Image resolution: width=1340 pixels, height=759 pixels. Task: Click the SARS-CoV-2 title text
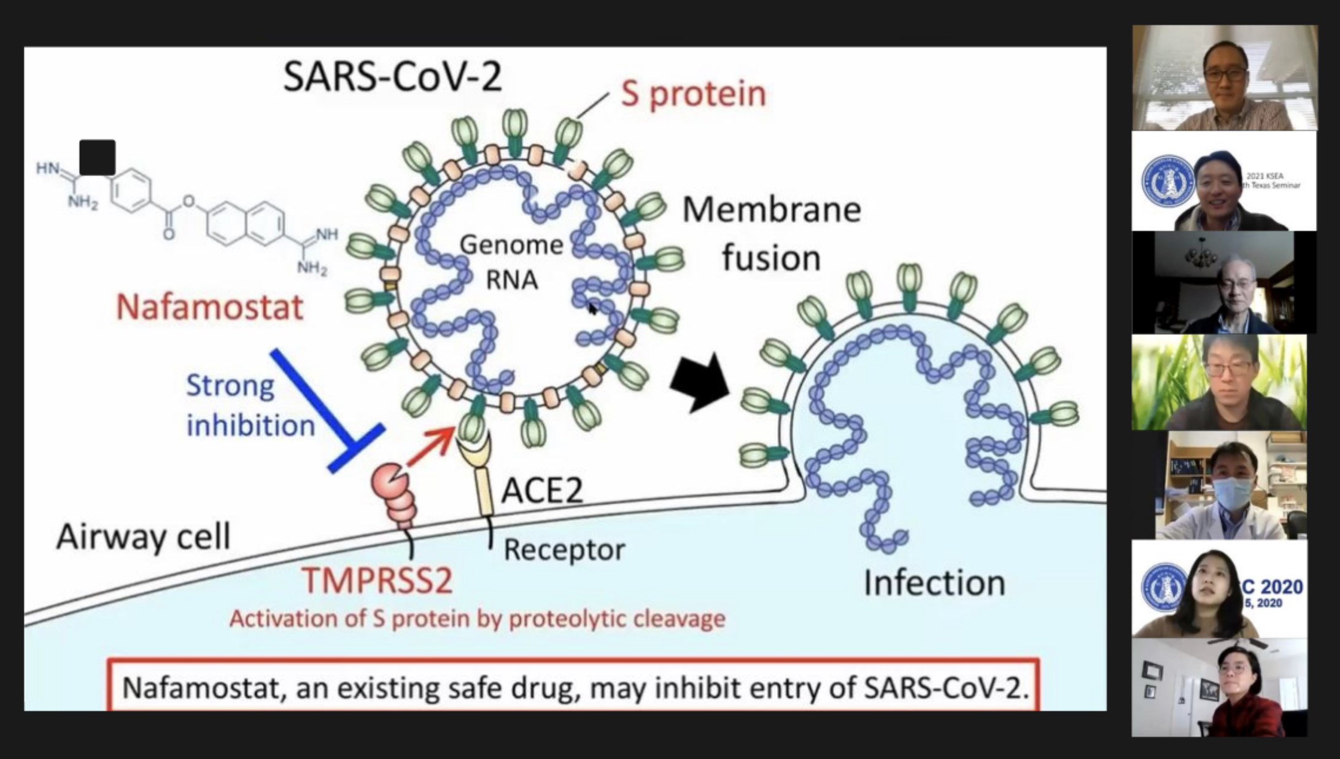[392, 77]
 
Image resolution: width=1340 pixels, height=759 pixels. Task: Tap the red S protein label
[693, 94]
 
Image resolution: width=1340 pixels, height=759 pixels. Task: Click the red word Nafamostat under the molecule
[210, 307]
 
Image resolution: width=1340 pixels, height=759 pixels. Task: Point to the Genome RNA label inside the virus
[511, 262]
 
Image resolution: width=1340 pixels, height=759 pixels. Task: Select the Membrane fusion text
[772, 233]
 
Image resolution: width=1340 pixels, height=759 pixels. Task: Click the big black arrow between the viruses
[700, 383]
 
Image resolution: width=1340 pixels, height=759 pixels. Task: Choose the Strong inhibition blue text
[250, 405]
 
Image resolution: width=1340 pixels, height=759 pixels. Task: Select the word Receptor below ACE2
[563, 550]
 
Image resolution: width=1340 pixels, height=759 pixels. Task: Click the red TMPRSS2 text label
[377, 580]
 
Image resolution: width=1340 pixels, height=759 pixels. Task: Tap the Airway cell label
[144, 537]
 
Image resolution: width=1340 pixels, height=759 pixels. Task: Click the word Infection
[934, 583]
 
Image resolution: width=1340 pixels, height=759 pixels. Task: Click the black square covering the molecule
[98, 157]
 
